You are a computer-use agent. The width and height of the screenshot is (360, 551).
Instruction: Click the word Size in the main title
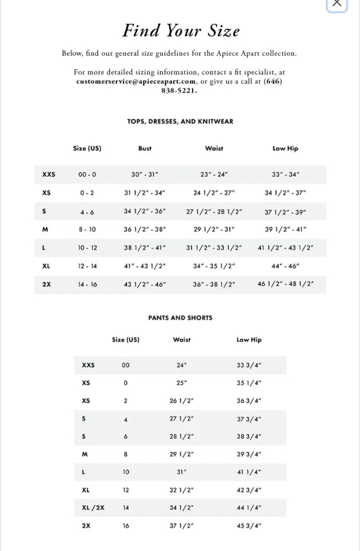pyautogui.click(x=223, y=31)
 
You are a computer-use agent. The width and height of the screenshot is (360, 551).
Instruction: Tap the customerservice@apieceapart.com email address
pyautogui.click(x=136, y=81)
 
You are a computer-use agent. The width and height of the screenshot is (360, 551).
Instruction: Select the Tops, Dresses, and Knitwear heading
pyautogui.click(x=180, y=121)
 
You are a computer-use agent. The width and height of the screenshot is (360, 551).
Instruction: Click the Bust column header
pyautogui.click(x=145, y=149)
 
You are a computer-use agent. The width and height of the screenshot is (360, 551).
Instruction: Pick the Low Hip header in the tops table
pyautogui.click(x=285, y=149)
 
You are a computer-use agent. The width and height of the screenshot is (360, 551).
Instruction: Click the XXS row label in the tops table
pyautogui.click(x=49, y=174)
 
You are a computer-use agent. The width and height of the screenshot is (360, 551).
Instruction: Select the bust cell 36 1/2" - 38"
pyautogui.click(x=145, y=229)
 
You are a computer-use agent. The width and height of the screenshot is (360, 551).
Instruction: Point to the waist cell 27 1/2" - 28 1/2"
pyautogui.click(x=214, y=212)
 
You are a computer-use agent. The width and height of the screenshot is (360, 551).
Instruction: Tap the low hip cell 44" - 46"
pyautogui.click(x=285, y=266)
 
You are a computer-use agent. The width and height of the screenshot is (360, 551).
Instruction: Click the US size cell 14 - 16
pyautogui.click(x=87, y=284)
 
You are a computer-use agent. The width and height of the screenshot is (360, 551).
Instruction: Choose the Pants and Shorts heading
pyautogui.click(x=180, y=318)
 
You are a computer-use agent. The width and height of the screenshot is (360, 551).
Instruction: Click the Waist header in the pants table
pyautogui.click(x=182, y=340)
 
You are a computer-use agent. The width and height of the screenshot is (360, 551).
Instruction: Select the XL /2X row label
pyautogui.click(x=93, y=508)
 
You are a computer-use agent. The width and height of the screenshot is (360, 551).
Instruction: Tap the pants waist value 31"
pyautogui.click(x=182, y=472)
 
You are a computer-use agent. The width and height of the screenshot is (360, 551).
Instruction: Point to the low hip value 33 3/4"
pyautogui.click(x=249, y=365)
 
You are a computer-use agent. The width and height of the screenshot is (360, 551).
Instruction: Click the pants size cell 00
pyautogui.click(x=126, y=365)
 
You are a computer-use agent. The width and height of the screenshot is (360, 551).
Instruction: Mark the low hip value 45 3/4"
pyautogui.click(x=249, y=526)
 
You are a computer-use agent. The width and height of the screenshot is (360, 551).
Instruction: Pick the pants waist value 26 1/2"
pyautogui.click(x=182, y=401)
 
